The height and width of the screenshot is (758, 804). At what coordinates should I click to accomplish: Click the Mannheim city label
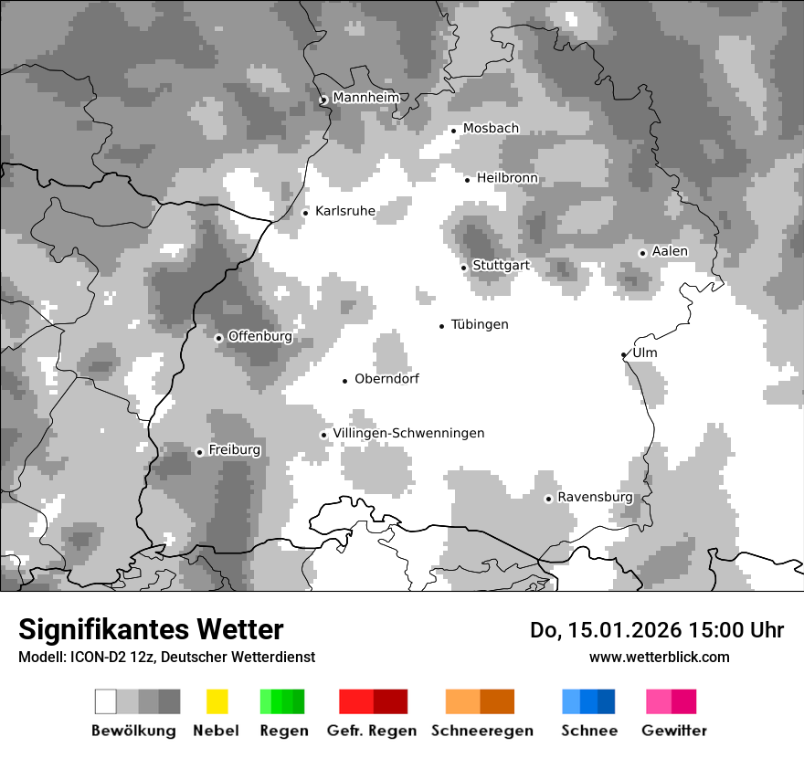point(365,98)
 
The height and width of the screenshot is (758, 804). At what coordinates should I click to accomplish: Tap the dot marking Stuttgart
point(464,268)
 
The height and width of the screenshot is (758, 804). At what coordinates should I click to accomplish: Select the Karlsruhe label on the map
point(344,211)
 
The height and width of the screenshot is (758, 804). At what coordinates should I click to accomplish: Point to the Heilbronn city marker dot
point(467,180)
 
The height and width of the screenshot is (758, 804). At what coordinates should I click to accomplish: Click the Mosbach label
point(491,129)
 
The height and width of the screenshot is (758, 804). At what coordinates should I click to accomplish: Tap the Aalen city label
point(670,251)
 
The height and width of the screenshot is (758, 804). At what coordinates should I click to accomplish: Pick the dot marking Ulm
point(624,354)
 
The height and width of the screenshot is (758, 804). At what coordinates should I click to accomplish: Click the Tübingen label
point(480,324)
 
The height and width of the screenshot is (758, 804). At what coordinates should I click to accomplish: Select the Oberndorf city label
point(386,379)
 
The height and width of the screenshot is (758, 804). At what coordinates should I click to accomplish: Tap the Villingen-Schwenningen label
point(408,433)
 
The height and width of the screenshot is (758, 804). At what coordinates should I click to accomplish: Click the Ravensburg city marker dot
point(548,499)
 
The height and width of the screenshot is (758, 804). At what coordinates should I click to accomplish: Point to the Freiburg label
point(234,450)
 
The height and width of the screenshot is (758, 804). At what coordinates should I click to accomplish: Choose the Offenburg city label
point(259,336)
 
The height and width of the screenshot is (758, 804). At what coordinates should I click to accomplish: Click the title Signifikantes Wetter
point(151,629)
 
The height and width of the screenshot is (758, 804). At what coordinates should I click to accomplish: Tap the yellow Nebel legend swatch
point(217,701)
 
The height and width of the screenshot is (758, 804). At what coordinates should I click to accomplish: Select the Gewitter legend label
point(673,731)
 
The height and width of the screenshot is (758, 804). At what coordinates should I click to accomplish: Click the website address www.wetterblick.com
point(659,657)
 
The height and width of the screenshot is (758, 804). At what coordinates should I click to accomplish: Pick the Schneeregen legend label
point(481,731)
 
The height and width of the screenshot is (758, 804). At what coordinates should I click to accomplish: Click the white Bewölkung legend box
point(106,701)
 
